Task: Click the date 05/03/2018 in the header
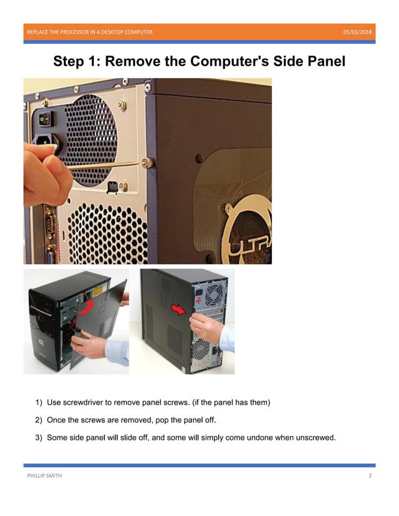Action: pyautogui.click(x=357, y=32)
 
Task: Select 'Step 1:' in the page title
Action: pyautogui.click(x=78, y=61)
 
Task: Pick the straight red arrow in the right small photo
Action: pyautogui.click(x=179, y=309)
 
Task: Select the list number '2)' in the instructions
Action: pyautogui.click(x=39, y=419)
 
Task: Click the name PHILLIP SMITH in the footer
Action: pyautogui.click(x=44, y=476)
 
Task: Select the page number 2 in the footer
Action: pyautogui.click(x=370, y=476)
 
